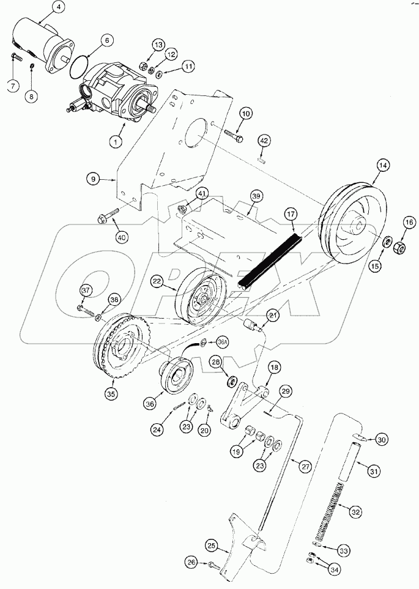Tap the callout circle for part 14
point(384,166)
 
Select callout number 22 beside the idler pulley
point(157,281)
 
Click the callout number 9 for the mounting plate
point(93,179)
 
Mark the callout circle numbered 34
point(334,569)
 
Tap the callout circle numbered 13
point(158,45)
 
